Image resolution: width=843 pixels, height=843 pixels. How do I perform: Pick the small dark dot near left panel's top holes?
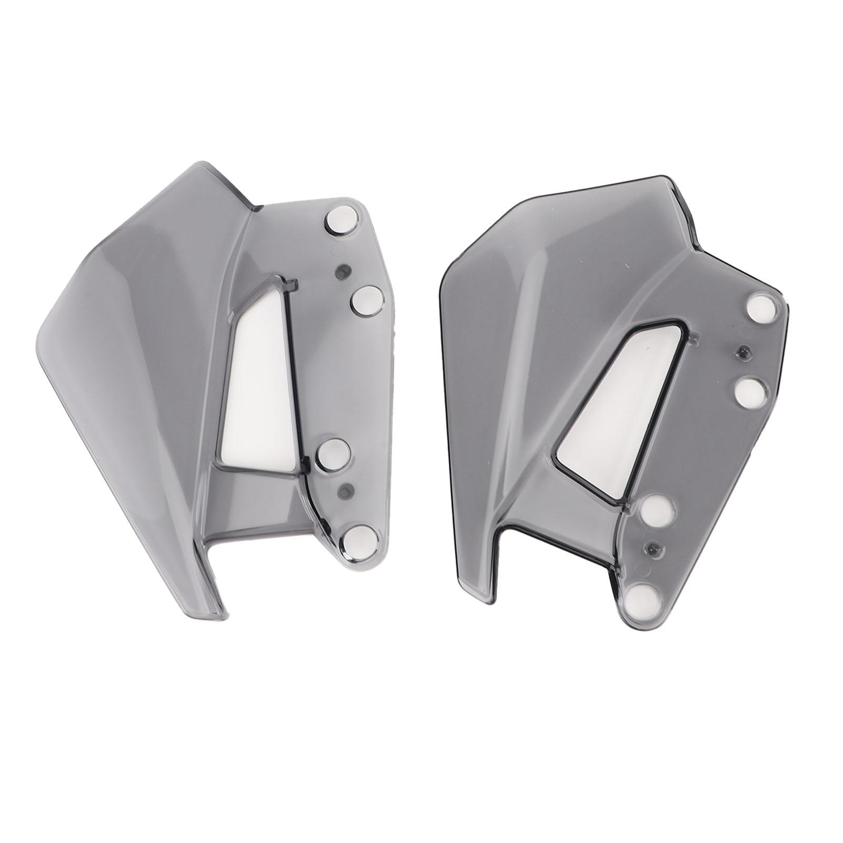click(x=343, y=271)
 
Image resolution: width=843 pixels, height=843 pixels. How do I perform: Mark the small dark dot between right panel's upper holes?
click(x=744, y=351)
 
